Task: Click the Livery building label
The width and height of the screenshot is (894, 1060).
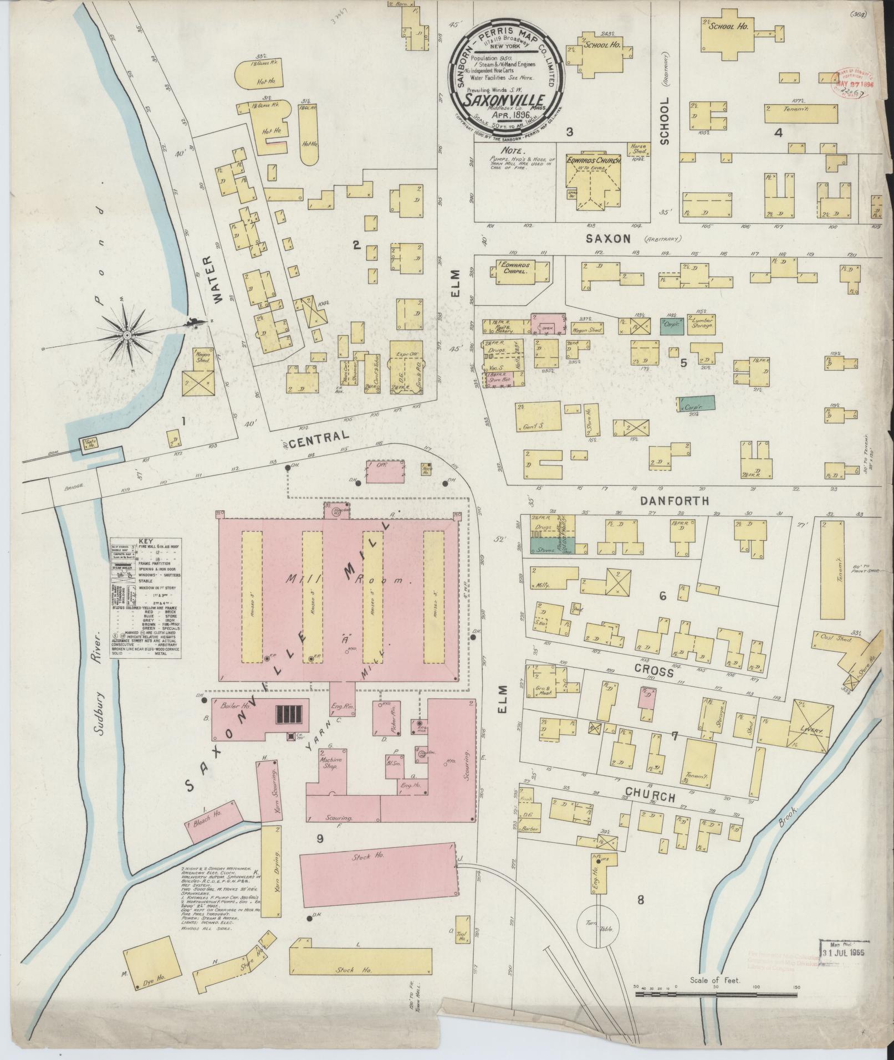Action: point(811,730)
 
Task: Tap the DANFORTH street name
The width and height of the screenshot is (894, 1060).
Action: point(674,500)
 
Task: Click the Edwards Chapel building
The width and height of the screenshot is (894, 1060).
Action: point(518,269)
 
